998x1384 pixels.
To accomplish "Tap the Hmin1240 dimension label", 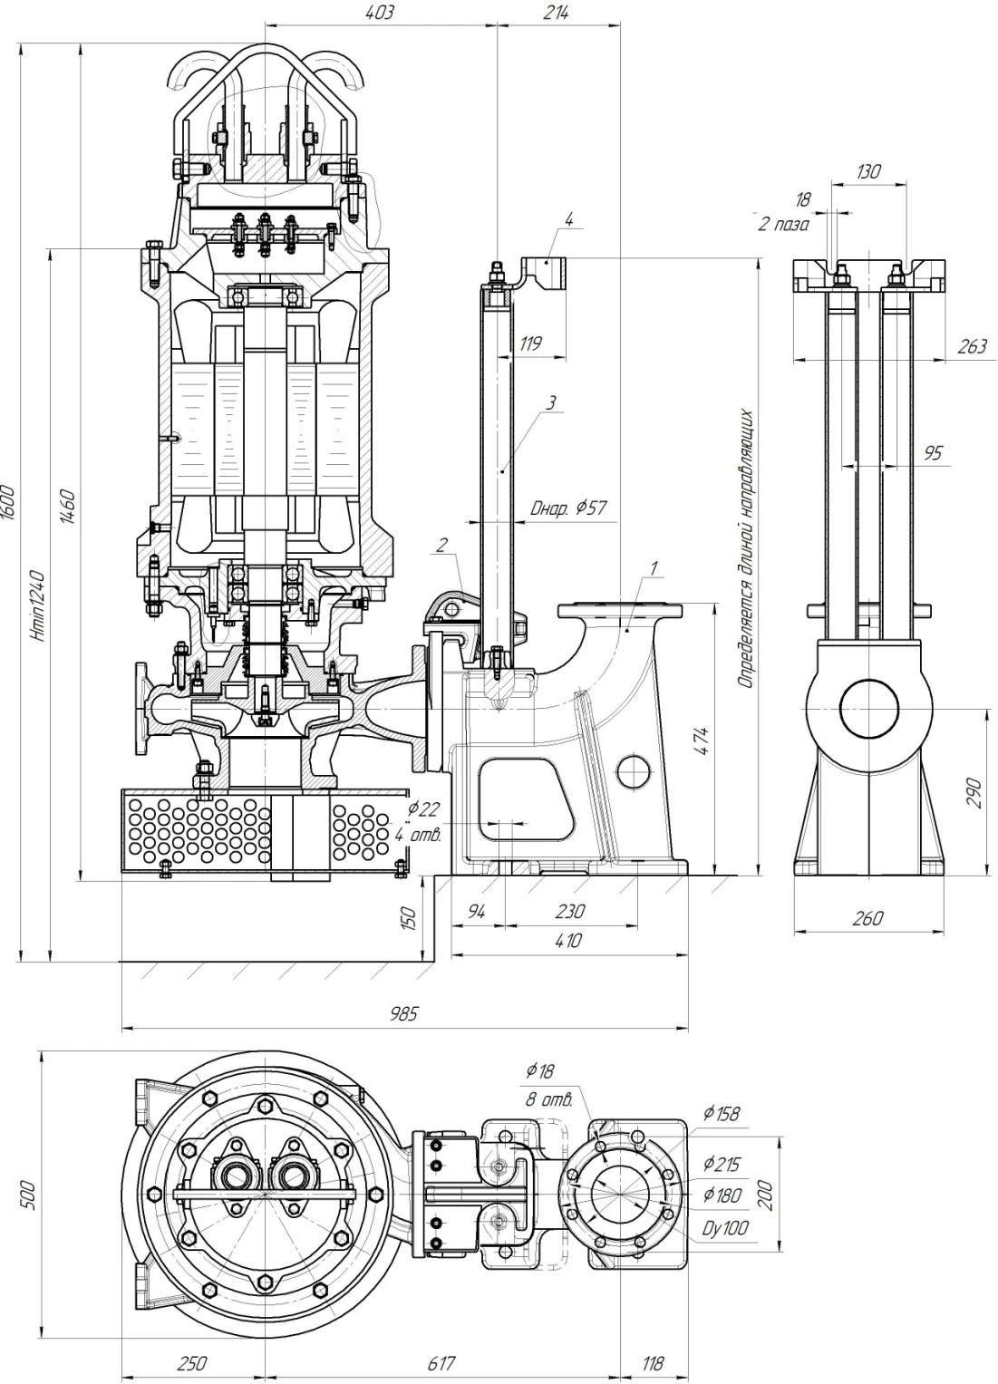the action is pos(38,605).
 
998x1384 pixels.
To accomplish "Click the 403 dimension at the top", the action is pos(380,13).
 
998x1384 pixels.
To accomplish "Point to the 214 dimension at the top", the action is pos(556,13).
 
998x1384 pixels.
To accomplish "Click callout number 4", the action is pos(568,219).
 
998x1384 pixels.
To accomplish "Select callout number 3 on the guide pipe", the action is pos(550,402).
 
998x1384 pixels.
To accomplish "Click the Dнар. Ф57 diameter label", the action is pos(568,508).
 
